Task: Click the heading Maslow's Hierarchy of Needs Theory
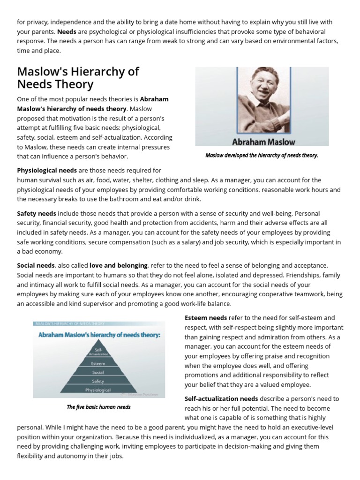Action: (x=78, y=78)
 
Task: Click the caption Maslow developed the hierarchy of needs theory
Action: (x=262, y=155)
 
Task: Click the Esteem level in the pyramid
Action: (x=98, y=363)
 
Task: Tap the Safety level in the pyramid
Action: (x=98, y=381)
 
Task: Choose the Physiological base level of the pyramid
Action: (x=98, y=390)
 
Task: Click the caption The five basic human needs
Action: (x=98, y=407)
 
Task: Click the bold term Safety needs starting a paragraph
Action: (x=37, y=213)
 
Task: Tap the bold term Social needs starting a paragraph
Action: (x=36, y=265)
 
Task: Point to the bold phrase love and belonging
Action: (x=119, y=265)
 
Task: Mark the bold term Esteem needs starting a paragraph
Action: (x=206, y=317)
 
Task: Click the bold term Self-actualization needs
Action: (x=221, y=398)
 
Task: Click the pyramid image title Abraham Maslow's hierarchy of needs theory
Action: (x=99, y=335)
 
